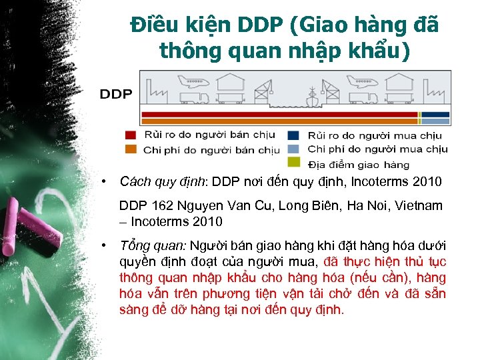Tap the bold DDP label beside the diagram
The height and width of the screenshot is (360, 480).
(x=116, y=94)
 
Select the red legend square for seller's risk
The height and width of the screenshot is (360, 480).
(x=131, y=135)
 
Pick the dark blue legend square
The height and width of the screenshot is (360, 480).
(x=293, y=135)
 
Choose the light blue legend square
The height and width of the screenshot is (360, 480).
(x=293, y=149)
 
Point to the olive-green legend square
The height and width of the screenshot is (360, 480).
(x=293, y=162)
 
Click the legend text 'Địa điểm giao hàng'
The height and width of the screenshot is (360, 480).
(x=359, y=164)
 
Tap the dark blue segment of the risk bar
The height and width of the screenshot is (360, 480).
(x=436, y=114)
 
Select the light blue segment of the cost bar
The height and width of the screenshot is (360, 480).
(x=436, y=122)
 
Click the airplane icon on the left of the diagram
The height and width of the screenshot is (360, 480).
(x=189, y=81)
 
